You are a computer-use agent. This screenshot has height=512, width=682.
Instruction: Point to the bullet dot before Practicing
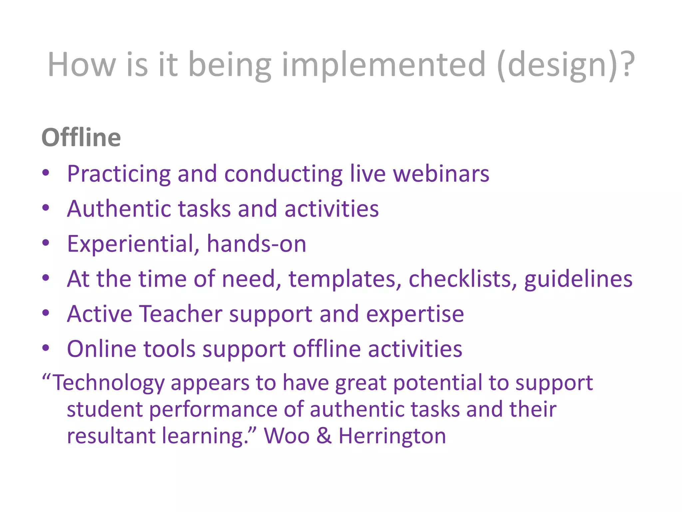pyautogui.click(x=46, y=173)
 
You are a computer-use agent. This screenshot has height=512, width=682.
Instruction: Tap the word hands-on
pyautogui.click(x=256, y=244)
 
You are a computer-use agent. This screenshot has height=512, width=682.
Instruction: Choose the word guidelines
pyautogui.click(x=578, y=279)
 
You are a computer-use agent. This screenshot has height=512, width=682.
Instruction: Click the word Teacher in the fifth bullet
pyautogui.click(x=181, y=314)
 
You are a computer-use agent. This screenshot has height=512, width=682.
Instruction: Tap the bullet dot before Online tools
pyautogui.click(x=46, y=348)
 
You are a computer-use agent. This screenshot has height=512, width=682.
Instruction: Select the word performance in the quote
pyautogui.click(x=213, y=409)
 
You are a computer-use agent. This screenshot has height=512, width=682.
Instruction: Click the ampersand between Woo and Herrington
pyautogui.click(x=324, y=436)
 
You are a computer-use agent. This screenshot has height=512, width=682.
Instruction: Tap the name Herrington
pyautogui.click(x=392, y=436)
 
